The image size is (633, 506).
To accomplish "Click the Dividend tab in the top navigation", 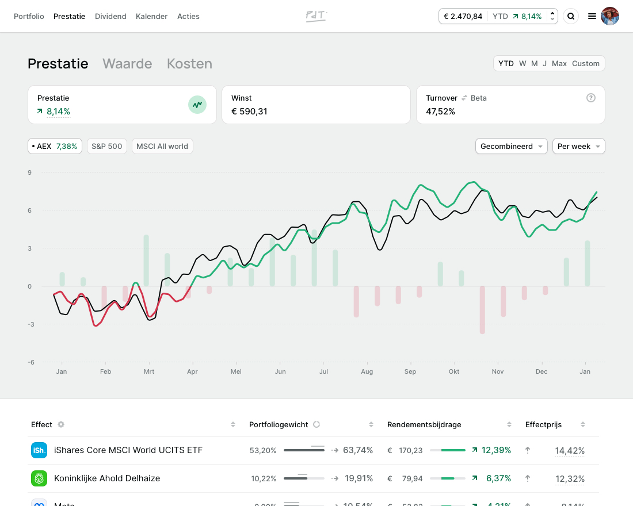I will click(110, 17).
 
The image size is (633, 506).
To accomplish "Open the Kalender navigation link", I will click(151, 17).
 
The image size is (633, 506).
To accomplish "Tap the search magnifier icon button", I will click(571, 16).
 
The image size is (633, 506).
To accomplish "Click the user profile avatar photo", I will click(610, 16).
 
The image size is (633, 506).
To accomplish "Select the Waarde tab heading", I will click(127, 64).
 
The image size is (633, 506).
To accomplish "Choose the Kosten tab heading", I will click(189, 64).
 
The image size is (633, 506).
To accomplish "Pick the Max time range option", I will click(559, 64).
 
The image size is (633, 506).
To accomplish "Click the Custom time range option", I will click(586, 64).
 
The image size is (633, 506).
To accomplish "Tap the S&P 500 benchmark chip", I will click(107, 147).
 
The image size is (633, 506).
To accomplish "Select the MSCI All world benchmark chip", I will click(162, 147).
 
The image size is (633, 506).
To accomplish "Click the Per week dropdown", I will click(578, 147).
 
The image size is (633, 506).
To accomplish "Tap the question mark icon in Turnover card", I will click(591, 98).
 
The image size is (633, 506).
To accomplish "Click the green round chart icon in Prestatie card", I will click(197, 105).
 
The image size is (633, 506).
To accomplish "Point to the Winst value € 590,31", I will click(249, 112).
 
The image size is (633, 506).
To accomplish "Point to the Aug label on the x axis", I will click(367, 372).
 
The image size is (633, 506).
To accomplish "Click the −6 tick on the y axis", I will click(30, 362).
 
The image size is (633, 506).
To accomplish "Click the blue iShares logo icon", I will click(39, 450).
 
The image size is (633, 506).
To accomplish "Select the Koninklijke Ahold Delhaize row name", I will click(107, 478).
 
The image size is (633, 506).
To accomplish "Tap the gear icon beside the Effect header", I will click(61, 425).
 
